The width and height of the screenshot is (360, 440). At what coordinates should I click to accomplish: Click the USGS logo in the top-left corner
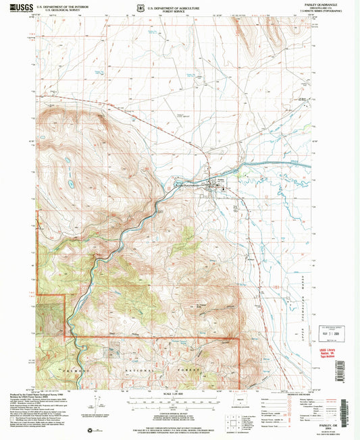(20, 8)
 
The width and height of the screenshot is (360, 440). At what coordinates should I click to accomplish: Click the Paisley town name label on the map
(221, 180)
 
